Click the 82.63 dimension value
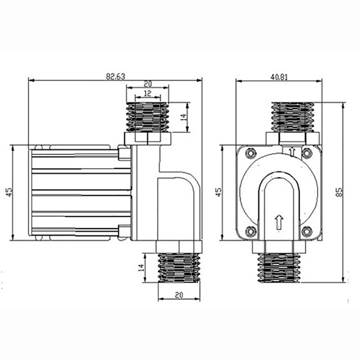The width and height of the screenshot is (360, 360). [x=116, y=76]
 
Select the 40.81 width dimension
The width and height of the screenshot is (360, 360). [x=279, y=77]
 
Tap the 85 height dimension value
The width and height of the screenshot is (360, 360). [x=339, y=192]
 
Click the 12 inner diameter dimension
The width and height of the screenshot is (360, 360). [x=148, y=94]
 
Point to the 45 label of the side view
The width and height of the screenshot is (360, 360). [x=10, y=192]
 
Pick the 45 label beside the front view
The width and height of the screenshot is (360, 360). [x=219, y=192]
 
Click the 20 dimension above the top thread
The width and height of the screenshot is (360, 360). [x=148, y=84]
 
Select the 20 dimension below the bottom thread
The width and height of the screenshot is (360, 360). [x=179, y=295]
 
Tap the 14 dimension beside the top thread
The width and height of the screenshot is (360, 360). [x=184, y=117]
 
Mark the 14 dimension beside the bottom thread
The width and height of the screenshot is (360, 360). [x=141, y=267]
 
